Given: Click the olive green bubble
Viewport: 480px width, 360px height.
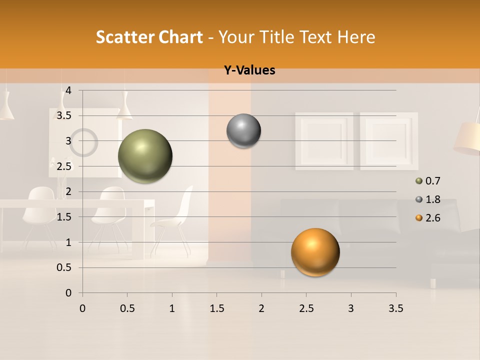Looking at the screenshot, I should pyautogui.click(x=145, y=156).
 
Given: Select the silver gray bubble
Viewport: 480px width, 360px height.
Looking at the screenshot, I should pyautogui.click(x=243, y=131).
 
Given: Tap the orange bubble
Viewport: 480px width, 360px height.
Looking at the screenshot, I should pyautogui.click(x=315, y=252).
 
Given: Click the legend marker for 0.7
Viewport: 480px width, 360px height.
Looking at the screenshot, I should pyautogui.click(x=418, y=181).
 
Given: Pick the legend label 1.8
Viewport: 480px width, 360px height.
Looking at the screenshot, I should pyautogui.click(x=432, y=199).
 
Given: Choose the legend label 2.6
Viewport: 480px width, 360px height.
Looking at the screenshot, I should pyautogui.click(x=432, y=218).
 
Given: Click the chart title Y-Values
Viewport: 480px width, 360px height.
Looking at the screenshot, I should pyautogui.click(x=249, y=70).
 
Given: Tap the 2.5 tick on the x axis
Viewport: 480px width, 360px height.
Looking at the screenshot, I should pyautogui.click(x=306, y=308).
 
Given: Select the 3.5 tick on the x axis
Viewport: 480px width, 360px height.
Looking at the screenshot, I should pyautogui.click(x=395, y=308).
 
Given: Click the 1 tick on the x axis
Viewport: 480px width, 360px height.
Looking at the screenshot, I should pyautogui.click(x=172, y=308).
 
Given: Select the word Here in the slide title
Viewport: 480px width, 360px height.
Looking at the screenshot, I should pyautogui.click(x=356, y=37).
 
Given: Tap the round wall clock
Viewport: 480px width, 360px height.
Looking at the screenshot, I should pyautogui.click(x=83, y=142).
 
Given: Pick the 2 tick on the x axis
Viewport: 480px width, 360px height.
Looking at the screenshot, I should pyautogui.click(x=261, y=308).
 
